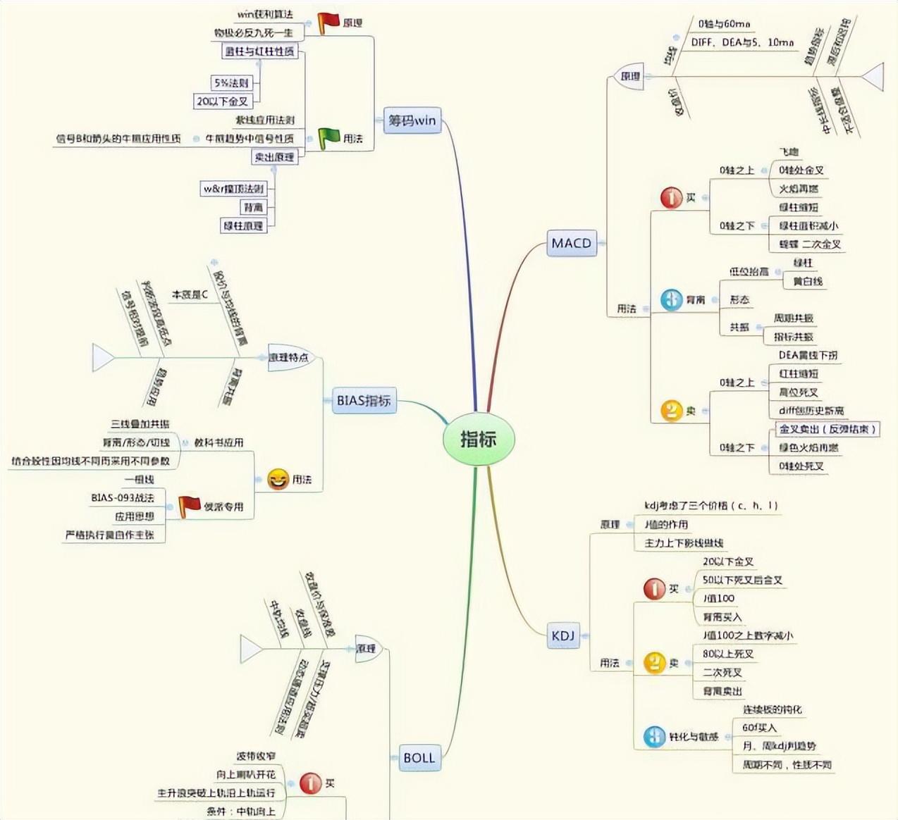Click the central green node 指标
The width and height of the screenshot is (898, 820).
tap(479, 439)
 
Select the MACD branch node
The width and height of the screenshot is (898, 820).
tap(571, 243)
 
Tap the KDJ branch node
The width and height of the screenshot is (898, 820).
tap(562, 635)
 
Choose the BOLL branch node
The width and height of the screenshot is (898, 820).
tap(419, 758)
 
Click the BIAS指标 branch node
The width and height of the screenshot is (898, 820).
tap(363, 401)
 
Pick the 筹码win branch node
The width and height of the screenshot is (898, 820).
tap(412, 120)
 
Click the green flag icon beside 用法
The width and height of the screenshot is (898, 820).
tap(328, 138)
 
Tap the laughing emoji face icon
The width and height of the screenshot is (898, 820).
tap(278, 480)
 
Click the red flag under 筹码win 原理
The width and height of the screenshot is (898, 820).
tap(328, 23)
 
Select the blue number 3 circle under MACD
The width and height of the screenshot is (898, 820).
tap(671, 299)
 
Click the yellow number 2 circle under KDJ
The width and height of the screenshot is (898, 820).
tap(654, 662)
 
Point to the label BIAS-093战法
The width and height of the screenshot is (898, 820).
tap(122, 497)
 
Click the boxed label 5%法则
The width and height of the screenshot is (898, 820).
tap(231, 83)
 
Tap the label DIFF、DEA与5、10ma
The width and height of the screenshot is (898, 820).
tap(742, 42)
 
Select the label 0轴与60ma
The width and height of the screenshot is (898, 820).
tap(724, 24)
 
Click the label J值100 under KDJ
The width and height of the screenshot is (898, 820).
tap(719, 598)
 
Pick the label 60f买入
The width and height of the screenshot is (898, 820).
tap(759, 727)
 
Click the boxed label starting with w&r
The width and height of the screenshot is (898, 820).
tap(233, 189)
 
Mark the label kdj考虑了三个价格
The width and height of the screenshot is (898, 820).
tap(711, 506)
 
